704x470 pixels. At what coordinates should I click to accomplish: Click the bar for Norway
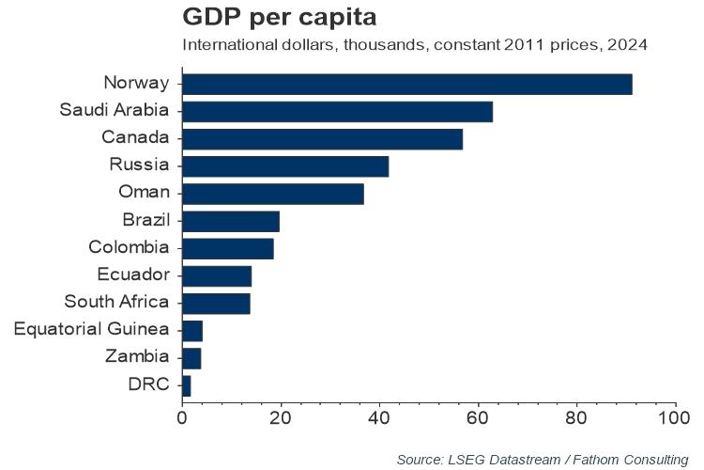[406, 84]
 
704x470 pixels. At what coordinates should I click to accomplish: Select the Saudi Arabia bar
[337, 111]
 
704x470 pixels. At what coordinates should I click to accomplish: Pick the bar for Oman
[272, 194]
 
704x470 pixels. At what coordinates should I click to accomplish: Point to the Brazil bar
[231, 221]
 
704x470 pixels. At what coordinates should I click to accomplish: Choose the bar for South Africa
[216, 303]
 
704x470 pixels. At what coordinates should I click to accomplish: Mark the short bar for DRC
[186, 385]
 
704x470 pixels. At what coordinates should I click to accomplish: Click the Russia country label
[139, 165]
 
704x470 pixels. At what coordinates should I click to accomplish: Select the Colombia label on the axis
[129, 248]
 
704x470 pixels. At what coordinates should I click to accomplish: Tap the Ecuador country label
[133, 275]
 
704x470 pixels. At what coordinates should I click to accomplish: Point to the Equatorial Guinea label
[92, 330]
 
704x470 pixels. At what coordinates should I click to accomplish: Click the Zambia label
[137, 357]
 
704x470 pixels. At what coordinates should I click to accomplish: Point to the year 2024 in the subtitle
[630, 45]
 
